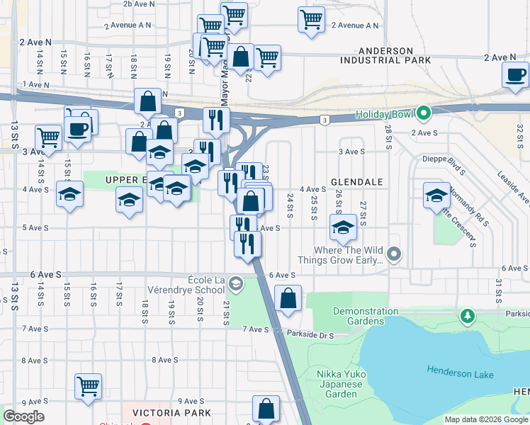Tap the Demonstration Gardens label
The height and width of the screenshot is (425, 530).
[365, 316]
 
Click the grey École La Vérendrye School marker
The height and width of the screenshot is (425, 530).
[235, 284]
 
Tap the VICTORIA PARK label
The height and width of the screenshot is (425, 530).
[167, 412]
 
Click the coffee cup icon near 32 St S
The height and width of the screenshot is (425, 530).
[515, 74]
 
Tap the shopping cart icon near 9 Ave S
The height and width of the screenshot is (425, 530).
[88, 386]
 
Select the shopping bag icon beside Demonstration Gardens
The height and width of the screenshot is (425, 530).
[288, 298]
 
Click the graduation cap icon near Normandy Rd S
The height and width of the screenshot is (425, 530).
[436, 195]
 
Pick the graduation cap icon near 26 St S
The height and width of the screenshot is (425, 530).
[343, 227]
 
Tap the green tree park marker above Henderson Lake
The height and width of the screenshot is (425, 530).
[467, 314]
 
